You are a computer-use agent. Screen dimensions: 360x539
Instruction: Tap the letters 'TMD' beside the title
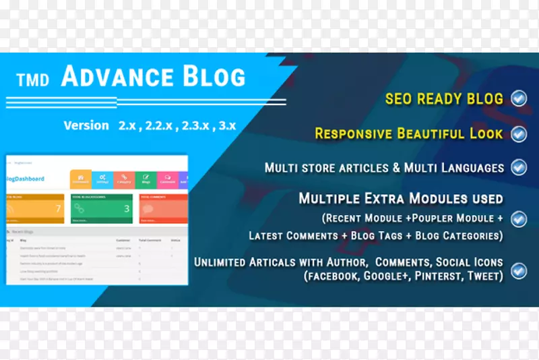coord(33,80)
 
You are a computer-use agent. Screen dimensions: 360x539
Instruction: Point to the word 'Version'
coord(86,125)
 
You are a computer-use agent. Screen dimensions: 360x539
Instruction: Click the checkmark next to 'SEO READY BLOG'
coord(519,99)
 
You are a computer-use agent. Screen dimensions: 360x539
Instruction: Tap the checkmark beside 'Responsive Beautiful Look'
coord(519,133)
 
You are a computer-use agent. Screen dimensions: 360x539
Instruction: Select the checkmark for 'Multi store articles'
coord(519,167)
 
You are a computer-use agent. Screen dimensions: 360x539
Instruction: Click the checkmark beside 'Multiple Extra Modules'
coord(519,218)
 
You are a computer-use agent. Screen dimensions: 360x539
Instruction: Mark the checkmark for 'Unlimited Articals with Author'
coord(519,271)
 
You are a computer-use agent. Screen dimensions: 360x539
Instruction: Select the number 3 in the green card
coord(126,209)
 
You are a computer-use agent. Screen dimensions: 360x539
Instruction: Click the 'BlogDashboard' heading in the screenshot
coord(24,179)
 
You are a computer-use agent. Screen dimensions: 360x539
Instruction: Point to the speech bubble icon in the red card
coord(147,210)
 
